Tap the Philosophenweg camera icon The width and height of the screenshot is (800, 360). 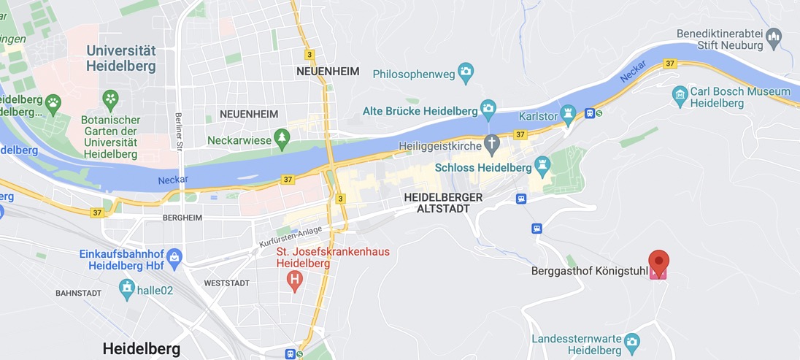[466, 73]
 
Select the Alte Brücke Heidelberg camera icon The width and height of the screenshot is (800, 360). [489, 110]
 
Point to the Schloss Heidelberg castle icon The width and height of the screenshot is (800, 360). [542, 167]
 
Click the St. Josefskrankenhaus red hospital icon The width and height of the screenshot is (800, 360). [295, 279]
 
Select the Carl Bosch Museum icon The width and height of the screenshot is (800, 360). [680, 93]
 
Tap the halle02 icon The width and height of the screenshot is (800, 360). [128, 288]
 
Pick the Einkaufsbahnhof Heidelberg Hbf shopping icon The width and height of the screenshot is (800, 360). [174, 256]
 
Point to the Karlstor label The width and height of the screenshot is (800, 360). [538, 116]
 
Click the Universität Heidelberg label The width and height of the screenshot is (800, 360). [120, 58]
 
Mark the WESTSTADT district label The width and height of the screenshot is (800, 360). [226, 283]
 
